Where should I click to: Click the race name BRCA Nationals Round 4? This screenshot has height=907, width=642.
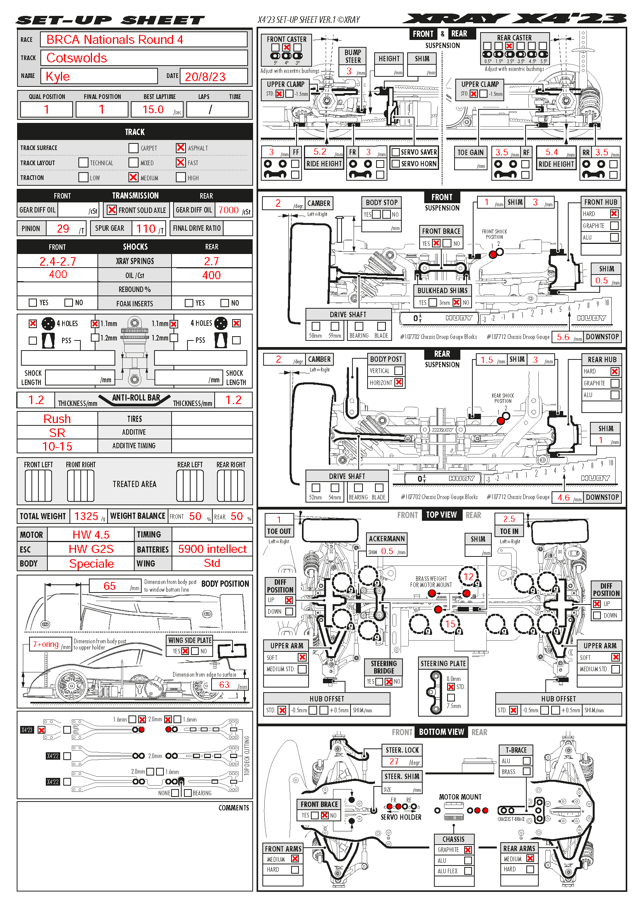115,40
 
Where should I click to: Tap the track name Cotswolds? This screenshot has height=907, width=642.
77,58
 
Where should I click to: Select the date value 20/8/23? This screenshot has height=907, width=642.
205,77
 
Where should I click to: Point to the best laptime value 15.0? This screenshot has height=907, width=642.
153,109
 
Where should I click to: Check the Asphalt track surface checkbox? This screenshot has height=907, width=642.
180,148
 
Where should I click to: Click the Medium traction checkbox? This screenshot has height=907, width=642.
134,177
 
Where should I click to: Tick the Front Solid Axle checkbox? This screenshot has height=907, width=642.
112,210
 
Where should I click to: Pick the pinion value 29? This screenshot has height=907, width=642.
63,228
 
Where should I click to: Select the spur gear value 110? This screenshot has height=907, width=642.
146,228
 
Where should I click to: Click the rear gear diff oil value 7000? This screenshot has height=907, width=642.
229,210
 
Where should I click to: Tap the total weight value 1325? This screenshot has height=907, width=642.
86,516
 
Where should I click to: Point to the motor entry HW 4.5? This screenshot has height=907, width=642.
91,534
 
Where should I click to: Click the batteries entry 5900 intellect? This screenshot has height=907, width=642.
212,549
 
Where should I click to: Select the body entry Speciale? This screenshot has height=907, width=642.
91,564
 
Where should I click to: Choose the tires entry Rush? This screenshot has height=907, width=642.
57,419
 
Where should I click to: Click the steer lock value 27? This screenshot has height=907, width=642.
394,761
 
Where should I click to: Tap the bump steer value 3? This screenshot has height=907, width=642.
349,71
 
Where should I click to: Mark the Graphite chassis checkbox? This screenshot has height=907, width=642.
468,850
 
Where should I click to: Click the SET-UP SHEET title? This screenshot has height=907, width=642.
110,20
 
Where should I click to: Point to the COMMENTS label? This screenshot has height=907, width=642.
234,808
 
